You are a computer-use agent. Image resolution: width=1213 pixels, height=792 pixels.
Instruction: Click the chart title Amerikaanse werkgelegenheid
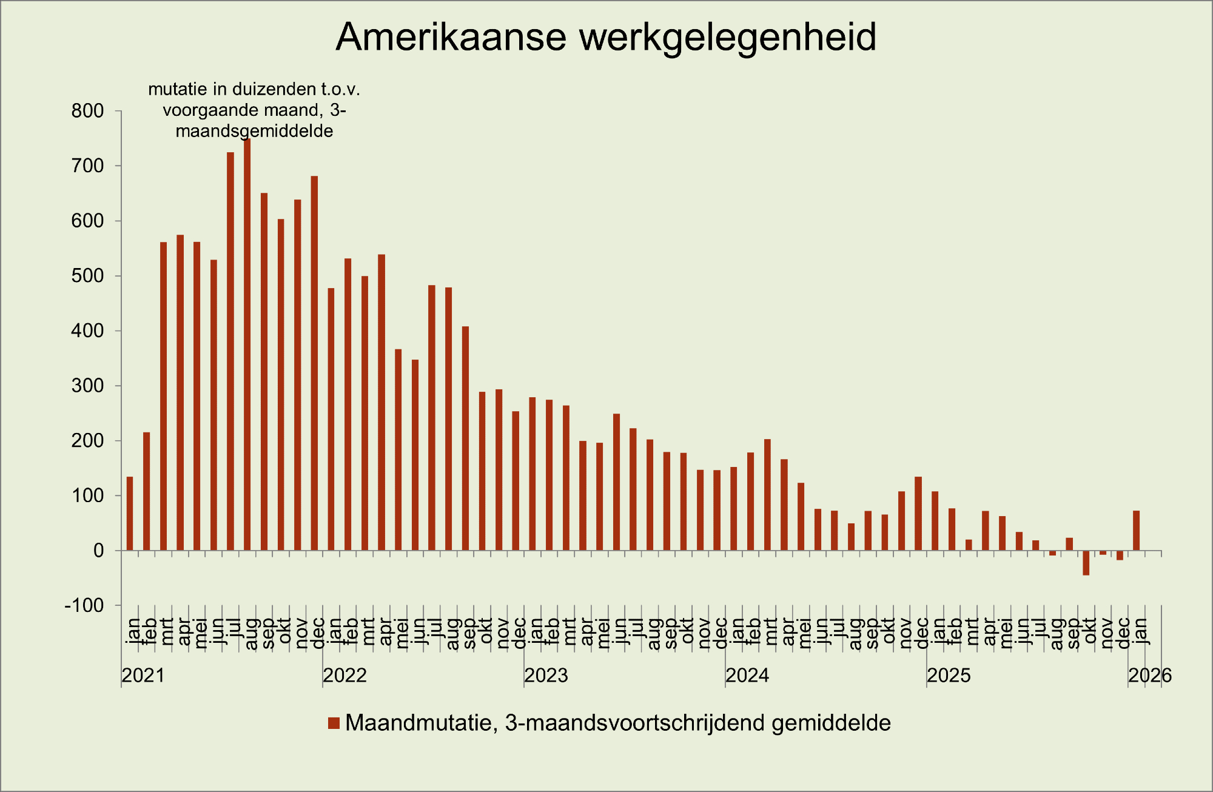(x=606, y=38)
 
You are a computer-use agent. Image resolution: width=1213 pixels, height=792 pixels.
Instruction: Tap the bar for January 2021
(x=130, y=514)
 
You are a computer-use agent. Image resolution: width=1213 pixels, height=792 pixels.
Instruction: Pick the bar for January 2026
(x=1136, y=531)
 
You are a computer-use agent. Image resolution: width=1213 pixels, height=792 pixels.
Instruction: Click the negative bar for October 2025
(x=1086, y=563)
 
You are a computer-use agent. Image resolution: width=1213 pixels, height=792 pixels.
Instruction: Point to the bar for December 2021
(x=314, y=363)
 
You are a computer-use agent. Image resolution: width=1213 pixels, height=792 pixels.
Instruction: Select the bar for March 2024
(x=767, y=495)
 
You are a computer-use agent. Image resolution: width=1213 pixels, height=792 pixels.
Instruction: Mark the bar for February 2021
(x=147, y=491)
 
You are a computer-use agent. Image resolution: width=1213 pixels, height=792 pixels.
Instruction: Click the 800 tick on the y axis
(x=88, y=111)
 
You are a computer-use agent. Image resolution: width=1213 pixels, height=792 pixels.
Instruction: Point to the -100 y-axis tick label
(x=84, y=605)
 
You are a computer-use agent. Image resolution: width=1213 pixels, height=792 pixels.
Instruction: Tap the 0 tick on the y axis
(x=98, y=551)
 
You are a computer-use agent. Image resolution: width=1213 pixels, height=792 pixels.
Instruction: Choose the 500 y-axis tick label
(x=88, y=276)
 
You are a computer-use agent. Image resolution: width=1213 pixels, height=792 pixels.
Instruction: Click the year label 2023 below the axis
(x=546, y=676)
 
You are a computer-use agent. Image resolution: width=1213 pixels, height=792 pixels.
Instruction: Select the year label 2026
(x=1150, y=676)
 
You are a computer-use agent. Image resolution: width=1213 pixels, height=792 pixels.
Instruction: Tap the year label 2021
(x=144, y=676)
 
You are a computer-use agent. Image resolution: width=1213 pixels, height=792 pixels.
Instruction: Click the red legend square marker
(x=334, y=723)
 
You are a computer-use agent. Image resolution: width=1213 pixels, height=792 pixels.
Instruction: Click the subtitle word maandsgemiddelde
(x=254, y=131)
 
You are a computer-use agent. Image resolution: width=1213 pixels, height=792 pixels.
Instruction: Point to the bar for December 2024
(x=918, y=514)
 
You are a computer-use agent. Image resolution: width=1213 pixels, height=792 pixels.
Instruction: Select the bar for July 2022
(x=432, y=418)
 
